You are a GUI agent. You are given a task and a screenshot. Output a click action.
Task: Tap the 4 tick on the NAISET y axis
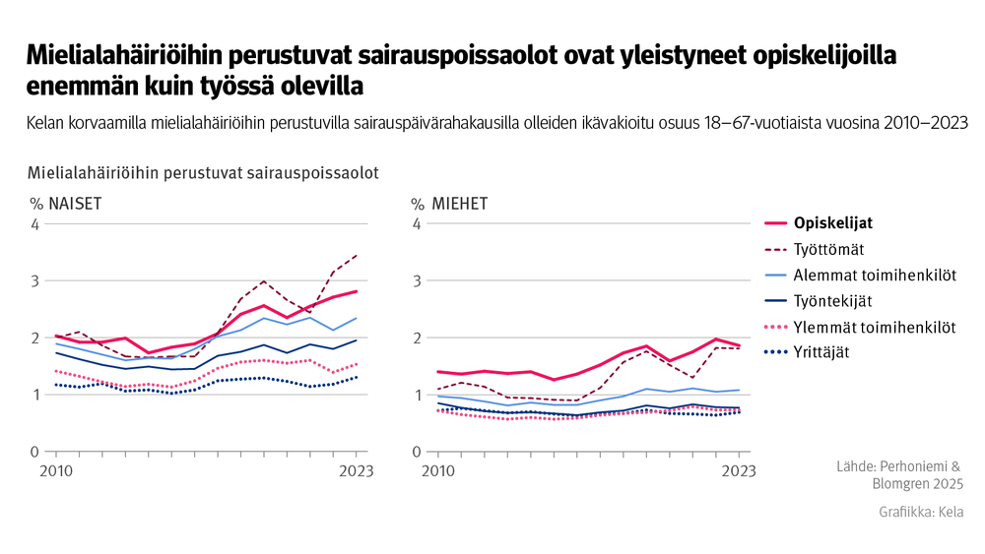point(34,224)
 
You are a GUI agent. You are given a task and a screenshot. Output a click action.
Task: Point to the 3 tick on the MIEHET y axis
point(417,281)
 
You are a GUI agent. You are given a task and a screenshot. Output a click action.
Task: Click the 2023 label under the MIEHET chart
point(739,471)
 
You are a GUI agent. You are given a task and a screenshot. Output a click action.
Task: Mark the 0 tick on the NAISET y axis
point(34,453)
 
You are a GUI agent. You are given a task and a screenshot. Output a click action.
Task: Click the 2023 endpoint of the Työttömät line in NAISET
point(357,255)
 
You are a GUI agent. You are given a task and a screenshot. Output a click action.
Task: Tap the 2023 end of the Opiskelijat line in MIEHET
point(740,345)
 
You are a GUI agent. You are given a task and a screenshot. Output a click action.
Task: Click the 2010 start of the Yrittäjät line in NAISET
point(57,385)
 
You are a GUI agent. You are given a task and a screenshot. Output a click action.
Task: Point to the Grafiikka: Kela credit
point(921,513)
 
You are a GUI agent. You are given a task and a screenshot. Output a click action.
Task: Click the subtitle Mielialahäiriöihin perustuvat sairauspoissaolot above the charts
point(203,173)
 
